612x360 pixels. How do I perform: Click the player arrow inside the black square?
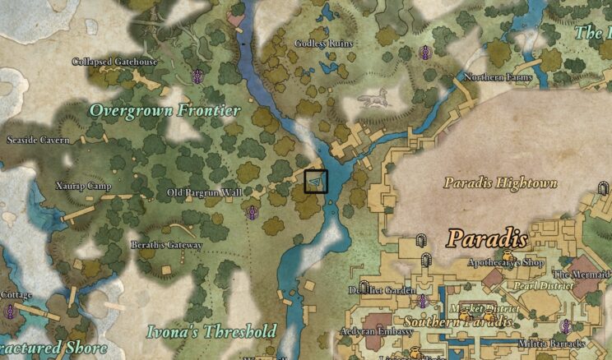317,182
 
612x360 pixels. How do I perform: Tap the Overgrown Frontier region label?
165,110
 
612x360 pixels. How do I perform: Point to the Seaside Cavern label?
37,140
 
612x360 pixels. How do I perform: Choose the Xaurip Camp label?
83,186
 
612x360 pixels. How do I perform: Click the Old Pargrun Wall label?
205,192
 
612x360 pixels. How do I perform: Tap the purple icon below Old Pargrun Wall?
253,213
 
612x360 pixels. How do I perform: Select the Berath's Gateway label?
166,245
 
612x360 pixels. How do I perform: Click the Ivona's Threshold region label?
211,331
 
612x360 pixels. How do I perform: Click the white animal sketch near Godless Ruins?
373,101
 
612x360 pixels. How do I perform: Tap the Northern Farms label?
498,77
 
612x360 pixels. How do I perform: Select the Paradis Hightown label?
500,182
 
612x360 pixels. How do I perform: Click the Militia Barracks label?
551,343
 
